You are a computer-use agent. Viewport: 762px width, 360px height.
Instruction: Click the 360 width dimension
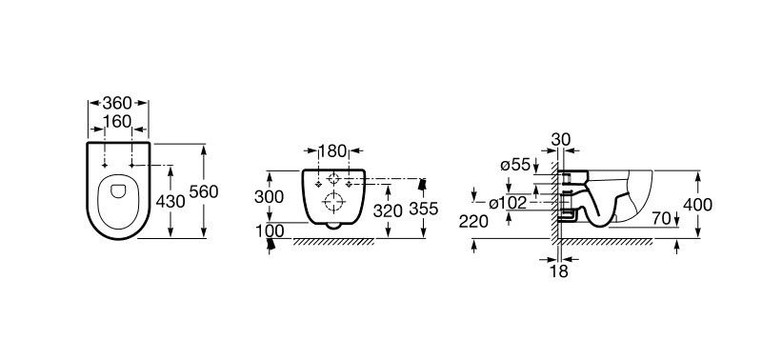click(x=117, y=103)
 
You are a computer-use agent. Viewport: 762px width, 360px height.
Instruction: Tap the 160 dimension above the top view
click(x=117, y=122)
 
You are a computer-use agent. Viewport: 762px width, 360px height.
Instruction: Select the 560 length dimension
click(x=204, y=191)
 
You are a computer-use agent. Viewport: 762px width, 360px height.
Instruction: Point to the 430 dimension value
click(x=170, y=201)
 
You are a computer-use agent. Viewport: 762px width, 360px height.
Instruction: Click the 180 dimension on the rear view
click(x=332, y=151)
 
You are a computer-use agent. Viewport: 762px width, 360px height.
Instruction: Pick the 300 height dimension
click(x=269, y=197)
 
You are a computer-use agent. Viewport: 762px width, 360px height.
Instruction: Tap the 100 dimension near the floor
click(x=270, y=231)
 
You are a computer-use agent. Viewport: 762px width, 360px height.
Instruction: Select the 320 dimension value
click(x=388, y=210)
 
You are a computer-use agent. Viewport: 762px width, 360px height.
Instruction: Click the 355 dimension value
click(x=423, y=209)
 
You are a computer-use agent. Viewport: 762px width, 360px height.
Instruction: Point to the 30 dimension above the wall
click(x=561, y=139)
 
